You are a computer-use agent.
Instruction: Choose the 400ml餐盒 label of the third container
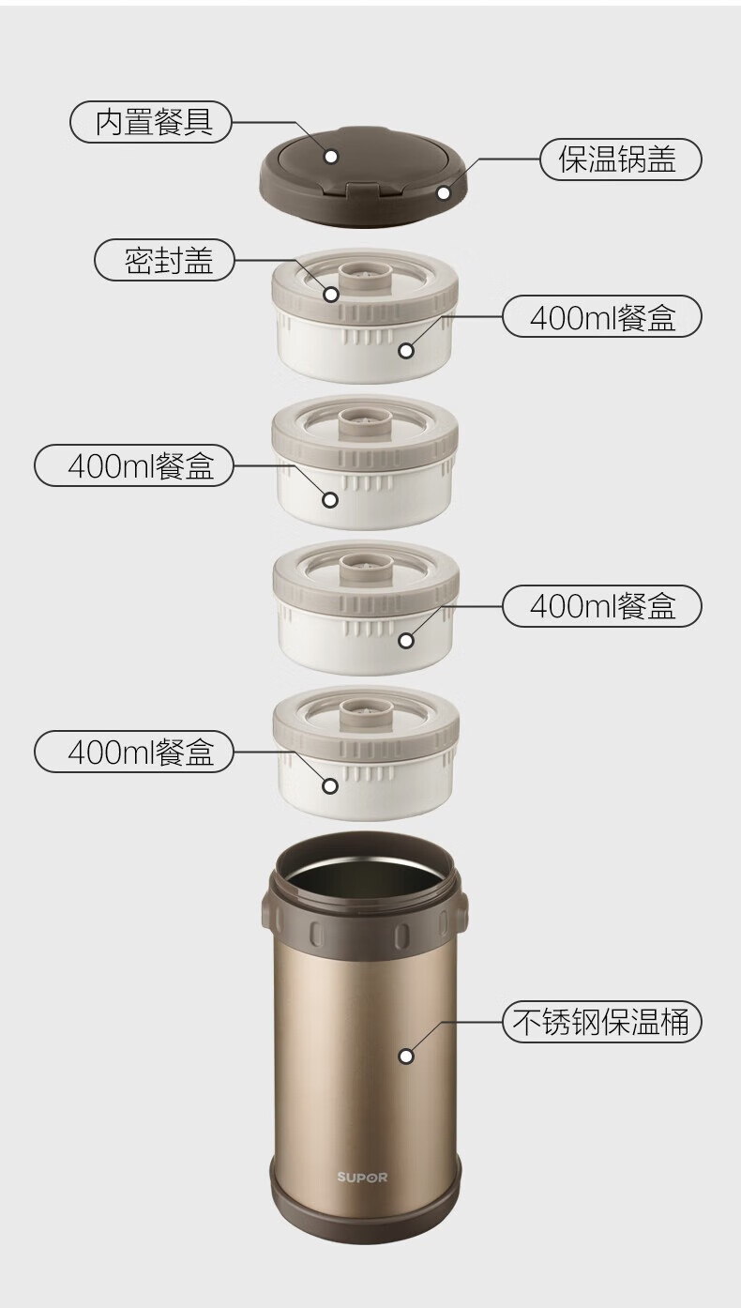(602, 606)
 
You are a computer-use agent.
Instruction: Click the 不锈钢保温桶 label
(602, 1022)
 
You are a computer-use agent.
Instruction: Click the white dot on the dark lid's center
(331, 156)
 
